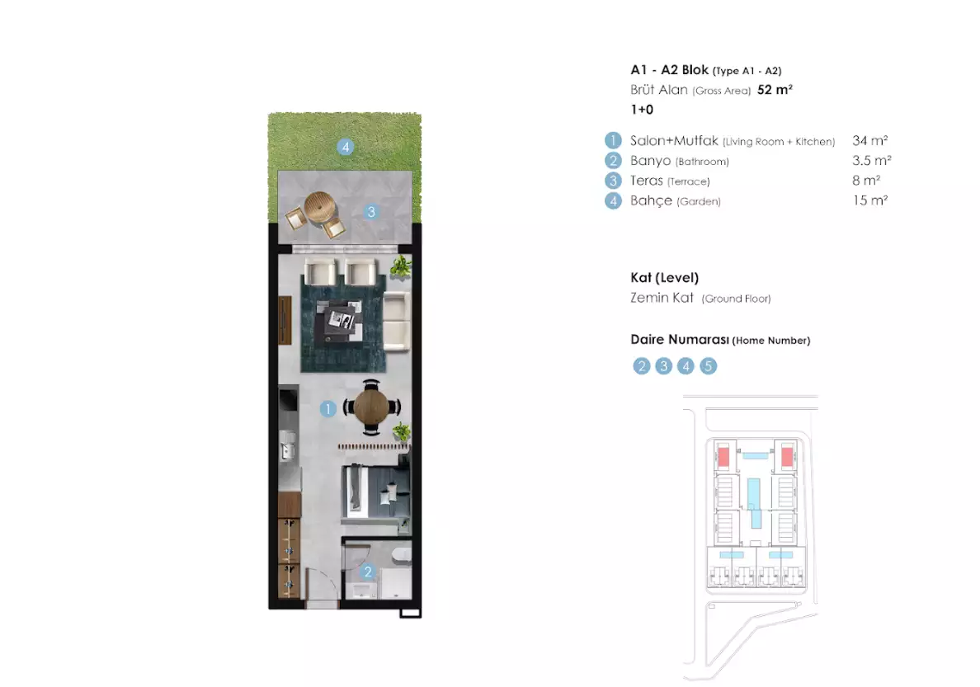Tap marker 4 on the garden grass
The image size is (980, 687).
[x=346, y=148]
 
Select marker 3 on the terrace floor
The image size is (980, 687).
[x=371, y=212]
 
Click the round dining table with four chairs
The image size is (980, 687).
[x=371, y=406]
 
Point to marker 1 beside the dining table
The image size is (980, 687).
[x=328, y=408]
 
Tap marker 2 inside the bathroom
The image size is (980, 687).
[x=369, y=571]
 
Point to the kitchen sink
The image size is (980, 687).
[x=289, y=449]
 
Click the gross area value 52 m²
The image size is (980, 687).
[x=774, y=90]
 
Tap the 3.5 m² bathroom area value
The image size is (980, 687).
[x=871, y=161]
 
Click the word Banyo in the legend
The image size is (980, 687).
[x=650, y=161]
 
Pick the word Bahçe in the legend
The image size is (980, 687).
[x=651, y=200]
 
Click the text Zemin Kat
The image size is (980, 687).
[x=662, y=298]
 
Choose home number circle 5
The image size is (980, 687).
[x=708, y=366]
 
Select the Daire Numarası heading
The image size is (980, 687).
[x=679, y=340]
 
